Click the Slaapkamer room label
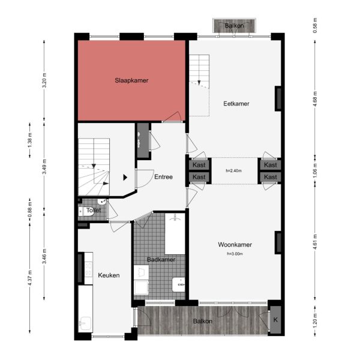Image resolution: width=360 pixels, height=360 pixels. [132, 80]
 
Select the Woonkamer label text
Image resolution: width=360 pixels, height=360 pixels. [235, 245]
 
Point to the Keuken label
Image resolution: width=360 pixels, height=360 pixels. [109, 275]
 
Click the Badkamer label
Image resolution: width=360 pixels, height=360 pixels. [161, 260]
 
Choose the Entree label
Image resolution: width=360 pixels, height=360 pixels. [163, 177]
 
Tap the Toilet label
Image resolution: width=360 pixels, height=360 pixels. [94, 211]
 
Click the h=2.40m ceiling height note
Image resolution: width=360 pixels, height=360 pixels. [233, 171]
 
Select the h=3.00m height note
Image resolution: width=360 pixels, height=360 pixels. [235, 254]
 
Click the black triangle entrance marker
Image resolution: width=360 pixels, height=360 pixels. [125, 177]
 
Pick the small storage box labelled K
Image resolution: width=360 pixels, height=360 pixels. [275, 320]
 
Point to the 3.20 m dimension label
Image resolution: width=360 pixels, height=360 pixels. [44, 80]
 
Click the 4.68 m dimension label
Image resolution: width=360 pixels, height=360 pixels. [315, 98]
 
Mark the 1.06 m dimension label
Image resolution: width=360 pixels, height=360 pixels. [315, 171]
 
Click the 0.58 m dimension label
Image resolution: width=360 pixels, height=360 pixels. [315, 26]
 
